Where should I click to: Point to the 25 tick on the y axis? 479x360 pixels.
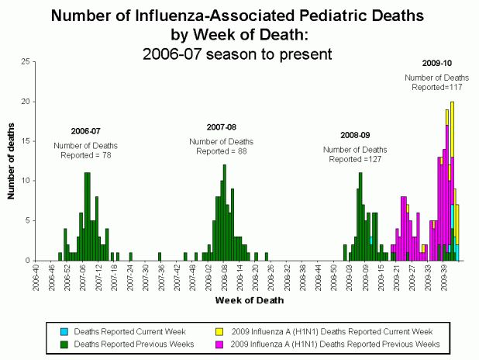tap(26, 61)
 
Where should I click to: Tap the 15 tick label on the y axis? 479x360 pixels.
tap(26, 141)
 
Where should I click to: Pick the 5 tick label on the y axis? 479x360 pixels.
tap(29, 220)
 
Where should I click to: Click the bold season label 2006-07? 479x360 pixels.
tap(86, 132)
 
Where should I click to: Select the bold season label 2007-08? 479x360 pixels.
tap(222, 126)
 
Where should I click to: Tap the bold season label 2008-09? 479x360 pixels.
tap(356, 135)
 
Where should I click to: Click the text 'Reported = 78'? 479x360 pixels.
tap(86, 155)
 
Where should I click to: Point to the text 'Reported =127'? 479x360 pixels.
tap(356, 159)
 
